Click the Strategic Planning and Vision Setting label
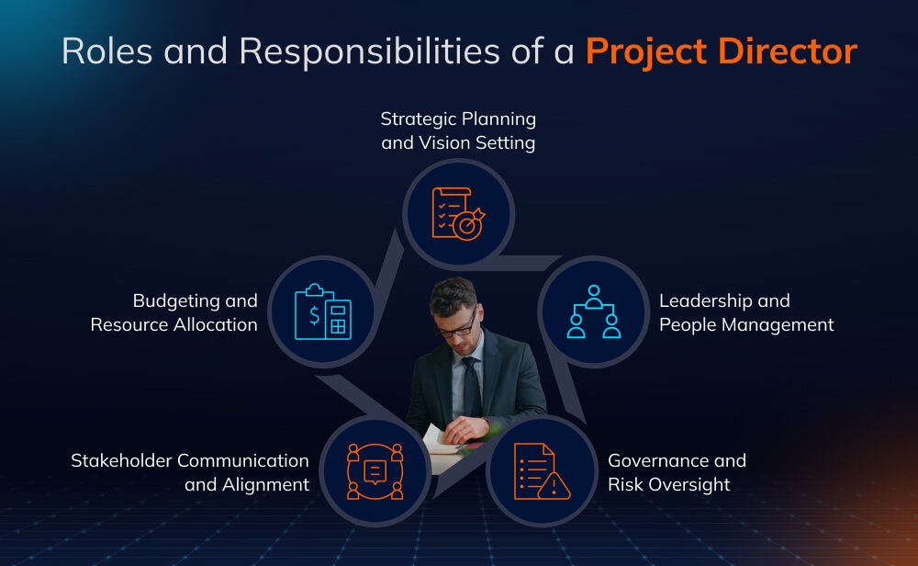click(x=458, y=130)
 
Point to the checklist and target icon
click(x=458, y=213)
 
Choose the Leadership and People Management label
click(x=746, y=312)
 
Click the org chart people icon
click(x=592, y=311)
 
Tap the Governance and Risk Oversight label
click(x=677, y=472)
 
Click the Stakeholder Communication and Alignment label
click(x=190, y=472)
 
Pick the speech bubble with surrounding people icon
click(x=374, y=471)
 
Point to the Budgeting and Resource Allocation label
click(x=174, y=312)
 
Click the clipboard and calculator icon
click(x=322, y=311)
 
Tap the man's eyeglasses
click(x=456, y=320)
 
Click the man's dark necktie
click(x=472, y=386)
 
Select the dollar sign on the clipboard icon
click(x=315, y=316)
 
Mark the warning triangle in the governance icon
click(x=554, y=486)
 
